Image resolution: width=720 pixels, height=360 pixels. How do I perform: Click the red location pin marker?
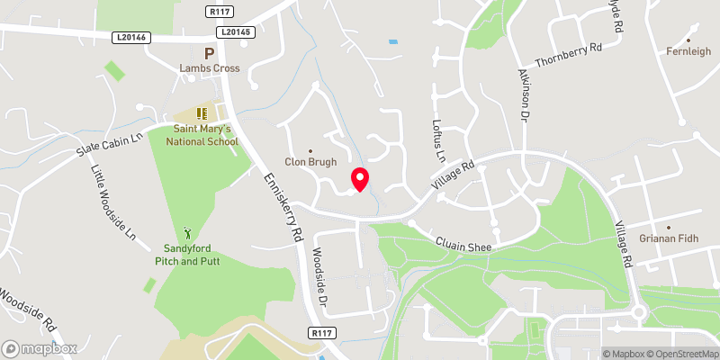(360, 178)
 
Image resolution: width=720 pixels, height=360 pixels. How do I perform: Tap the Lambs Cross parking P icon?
(209, 54)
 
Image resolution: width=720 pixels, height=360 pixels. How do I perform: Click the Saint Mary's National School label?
(206, 135)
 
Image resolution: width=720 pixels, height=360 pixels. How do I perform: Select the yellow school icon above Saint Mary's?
(202, 113)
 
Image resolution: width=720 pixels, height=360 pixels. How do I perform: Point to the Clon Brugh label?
(310, 162)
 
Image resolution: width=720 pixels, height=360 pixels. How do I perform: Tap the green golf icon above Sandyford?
(188, 233)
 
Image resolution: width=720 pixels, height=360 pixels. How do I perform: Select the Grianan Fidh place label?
(669, 240)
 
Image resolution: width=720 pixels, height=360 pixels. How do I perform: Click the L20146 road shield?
(132, 37)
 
